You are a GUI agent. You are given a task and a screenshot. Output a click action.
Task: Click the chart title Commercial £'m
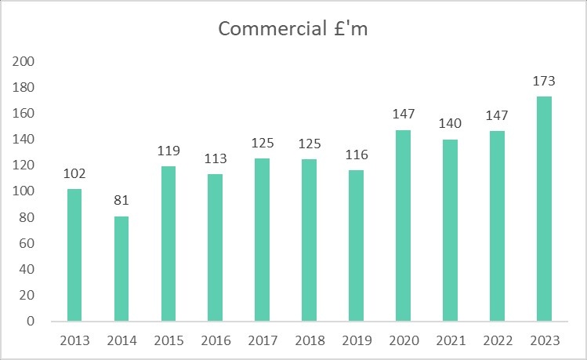pyautogui.click(x=293, y=29)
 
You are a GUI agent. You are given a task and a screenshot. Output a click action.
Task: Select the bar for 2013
pyautogui.click(x=74, y=255)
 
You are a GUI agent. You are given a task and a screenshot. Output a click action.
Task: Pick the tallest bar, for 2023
pyautogui.click(x=544, y=209)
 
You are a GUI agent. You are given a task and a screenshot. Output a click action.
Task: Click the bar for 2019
pyautogui.click(x=356, y=245)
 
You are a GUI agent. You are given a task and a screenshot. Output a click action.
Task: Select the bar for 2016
pyautogui.click(x=215, y=247)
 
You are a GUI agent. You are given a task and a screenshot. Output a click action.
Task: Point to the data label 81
pyautogui.click(x=121, y=202)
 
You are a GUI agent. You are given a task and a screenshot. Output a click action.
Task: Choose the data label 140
pyautogui.click(x=450, y=125)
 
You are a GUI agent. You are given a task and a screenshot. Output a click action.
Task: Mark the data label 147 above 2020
pyautogui.click(x=403, y=115)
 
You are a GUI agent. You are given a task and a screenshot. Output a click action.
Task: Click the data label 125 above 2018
pyautogui.click(x=309, y=144)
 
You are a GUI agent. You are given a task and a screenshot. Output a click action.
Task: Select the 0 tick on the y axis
pyautogui.click(x=31, y=322)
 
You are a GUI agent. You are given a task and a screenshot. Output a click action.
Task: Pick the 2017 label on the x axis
pyautogui.click(x=262, y=340)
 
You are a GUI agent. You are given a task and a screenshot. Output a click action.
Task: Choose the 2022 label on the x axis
pyautogui.click(x=497, y=340)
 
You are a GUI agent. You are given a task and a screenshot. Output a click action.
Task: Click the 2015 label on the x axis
pyautogui.click(x=168, y=340)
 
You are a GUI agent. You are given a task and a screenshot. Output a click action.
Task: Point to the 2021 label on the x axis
pyautogui.click(x=450, y=340)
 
